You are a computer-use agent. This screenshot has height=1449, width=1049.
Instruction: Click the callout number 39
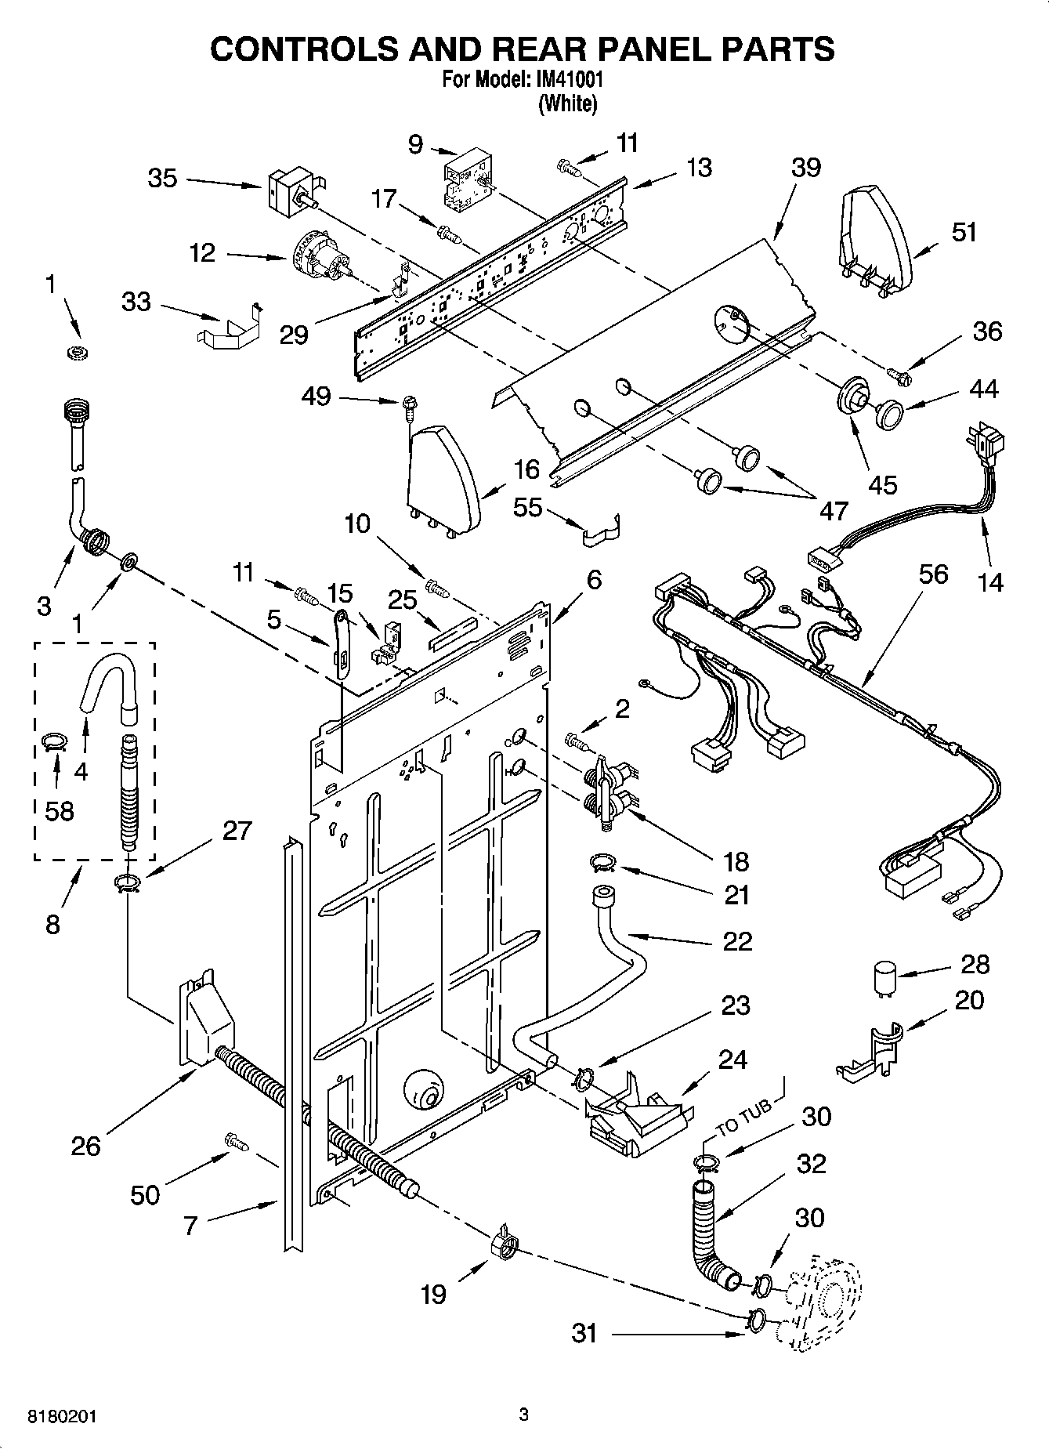click(x=805, y=167)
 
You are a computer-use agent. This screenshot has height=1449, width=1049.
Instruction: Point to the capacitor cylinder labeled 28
click(x=884, y=980)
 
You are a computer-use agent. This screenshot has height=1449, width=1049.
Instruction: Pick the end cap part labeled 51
click(x=876, y=235)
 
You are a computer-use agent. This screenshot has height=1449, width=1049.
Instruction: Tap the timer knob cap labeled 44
click(x=888, y=413)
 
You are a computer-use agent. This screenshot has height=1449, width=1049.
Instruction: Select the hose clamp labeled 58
click(x=54, y=741)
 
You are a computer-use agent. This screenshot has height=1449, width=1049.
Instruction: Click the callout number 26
click(x=85, y=1146)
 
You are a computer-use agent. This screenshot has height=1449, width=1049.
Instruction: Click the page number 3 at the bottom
click(x=523, y=1415)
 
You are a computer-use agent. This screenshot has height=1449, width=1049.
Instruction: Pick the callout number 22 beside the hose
click(x=736, y=940)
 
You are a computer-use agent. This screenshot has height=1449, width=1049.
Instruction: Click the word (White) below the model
click(x=567, y=103)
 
